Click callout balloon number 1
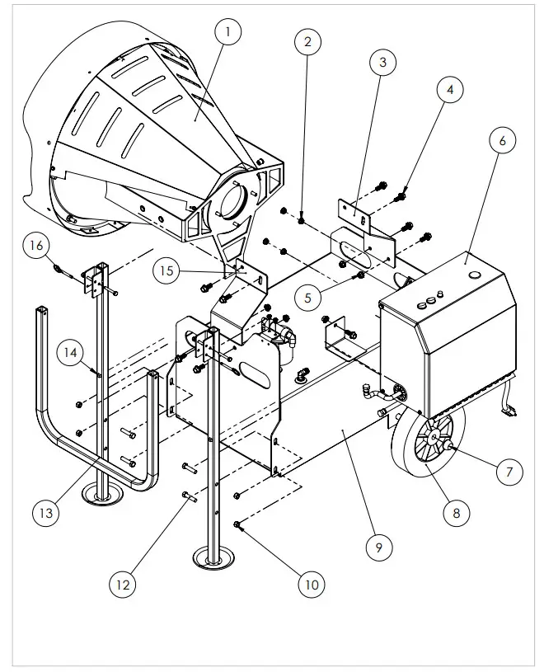[227, 33]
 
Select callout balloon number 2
[307, 40]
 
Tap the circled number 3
[382, 62]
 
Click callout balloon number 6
[501, 140]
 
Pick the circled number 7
[509, 472]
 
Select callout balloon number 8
[452, 512]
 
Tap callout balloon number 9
[378, 546]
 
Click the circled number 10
[311, 585]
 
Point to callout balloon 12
[123, 585]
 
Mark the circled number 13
[47, 512]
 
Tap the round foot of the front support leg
[217, 559]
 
